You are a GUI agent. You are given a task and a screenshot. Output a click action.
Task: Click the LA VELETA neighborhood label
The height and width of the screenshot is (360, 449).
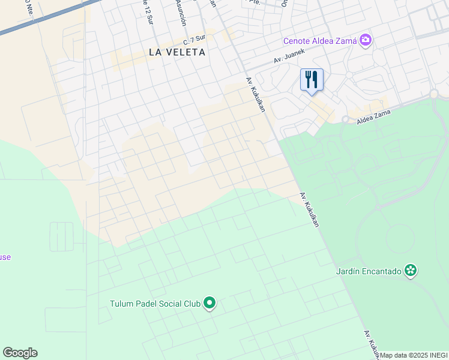[177, 52]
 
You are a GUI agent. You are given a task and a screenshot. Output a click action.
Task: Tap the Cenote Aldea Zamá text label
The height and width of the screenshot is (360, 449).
[320, 41]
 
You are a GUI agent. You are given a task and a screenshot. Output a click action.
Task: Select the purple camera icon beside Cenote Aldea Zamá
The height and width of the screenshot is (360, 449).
[366, 41]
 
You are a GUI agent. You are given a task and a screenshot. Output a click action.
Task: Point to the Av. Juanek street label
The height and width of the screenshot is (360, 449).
[289, 56]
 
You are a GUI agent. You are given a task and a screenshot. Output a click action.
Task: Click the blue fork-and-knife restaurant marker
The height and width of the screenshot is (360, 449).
[312, 80]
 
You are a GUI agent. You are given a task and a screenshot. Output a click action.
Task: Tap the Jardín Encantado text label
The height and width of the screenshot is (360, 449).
[368, 271]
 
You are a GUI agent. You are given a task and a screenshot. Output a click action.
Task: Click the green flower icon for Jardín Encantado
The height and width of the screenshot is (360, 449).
[411, 271]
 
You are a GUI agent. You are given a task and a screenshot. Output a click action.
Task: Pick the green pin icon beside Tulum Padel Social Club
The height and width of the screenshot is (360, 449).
[209, 304]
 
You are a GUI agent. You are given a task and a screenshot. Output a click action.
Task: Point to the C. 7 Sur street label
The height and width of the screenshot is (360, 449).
[194, 40]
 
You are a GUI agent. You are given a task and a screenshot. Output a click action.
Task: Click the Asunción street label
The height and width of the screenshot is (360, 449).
[182, 12]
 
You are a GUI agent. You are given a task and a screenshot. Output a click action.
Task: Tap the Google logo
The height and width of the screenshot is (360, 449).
[20, 353]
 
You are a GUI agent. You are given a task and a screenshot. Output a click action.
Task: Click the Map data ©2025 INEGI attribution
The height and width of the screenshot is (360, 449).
[414, 355]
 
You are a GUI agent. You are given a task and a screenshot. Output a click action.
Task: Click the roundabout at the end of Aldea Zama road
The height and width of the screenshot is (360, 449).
[434, 94]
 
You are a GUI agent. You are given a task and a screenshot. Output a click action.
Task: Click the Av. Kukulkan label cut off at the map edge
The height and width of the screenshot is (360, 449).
[372, 344]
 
